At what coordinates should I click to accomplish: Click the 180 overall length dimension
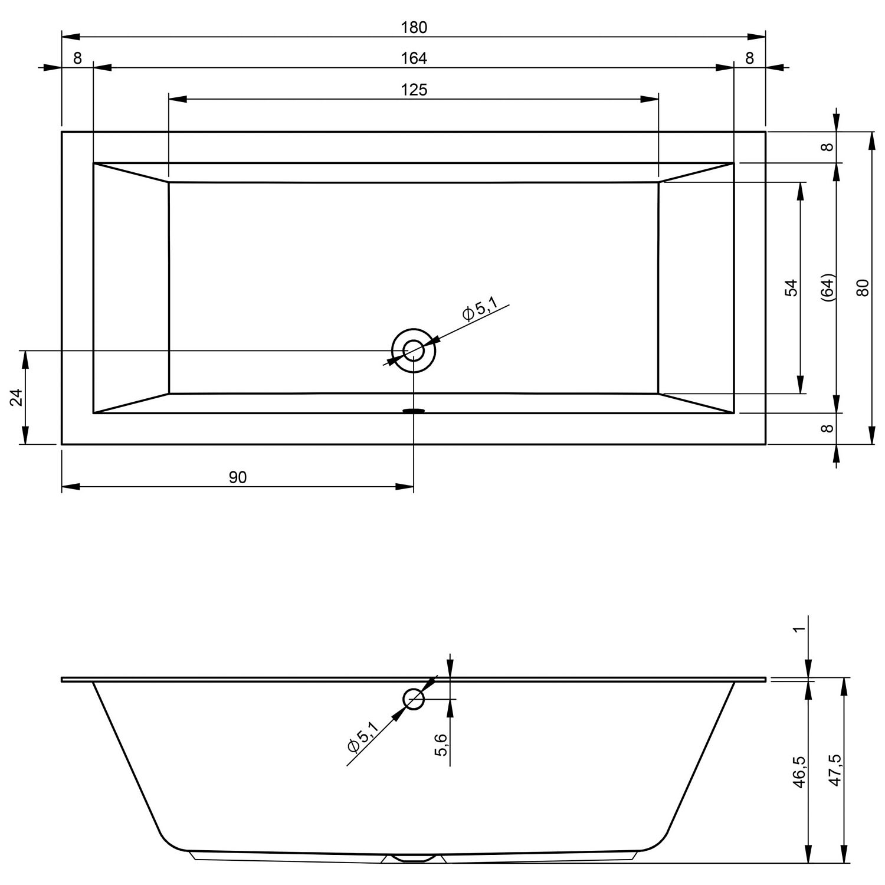tap(414, 27)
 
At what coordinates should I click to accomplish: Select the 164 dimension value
tap(414, 58)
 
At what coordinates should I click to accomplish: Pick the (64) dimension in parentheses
tap(828, 288)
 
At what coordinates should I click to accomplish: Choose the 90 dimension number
tap(238, 477)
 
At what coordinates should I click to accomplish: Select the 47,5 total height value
tap(835, 770)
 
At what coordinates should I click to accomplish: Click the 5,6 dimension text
tap(441, 745)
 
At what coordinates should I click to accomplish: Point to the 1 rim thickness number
tap(799, 629)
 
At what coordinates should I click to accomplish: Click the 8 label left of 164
tap(77, 58)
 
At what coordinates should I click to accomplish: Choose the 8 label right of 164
tap(749, 58)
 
